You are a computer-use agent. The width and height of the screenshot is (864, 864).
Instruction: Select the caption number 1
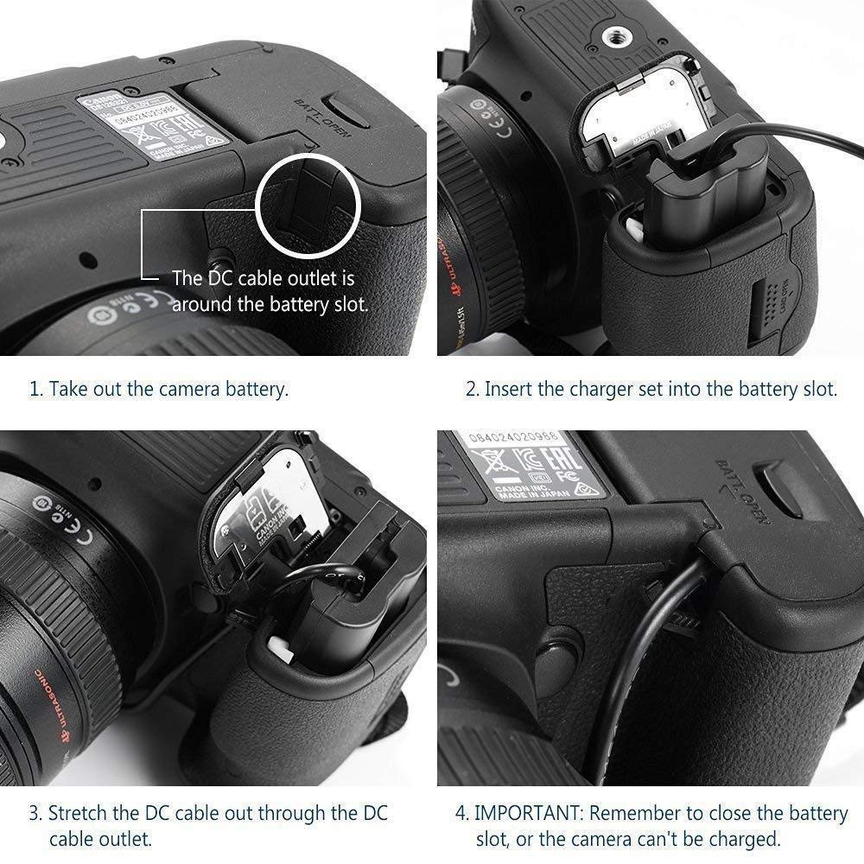click(x=35, y=389)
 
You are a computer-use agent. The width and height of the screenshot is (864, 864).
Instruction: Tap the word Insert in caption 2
click(x=508, y=389)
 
